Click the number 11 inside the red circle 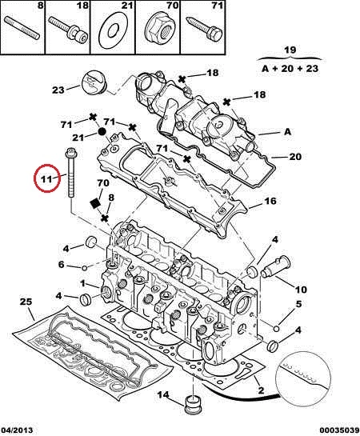coord(46,178)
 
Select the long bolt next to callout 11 coord(70,172)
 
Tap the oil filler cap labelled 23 coord(94,82)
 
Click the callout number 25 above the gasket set coord(26,302)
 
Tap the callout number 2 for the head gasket coord(261,390)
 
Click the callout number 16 coord(270,201)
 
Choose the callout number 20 coord(295,157)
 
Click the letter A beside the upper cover coord(287,131)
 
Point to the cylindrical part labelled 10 coord(275,266)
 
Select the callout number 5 coord(298,304)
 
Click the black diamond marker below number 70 coord(95,203)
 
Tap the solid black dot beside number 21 coord(102,131)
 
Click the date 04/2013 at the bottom coord(17,430)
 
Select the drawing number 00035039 coord(339,430)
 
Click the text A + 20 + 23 coord(290,69)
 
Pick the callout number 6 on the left coord(61,265)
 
